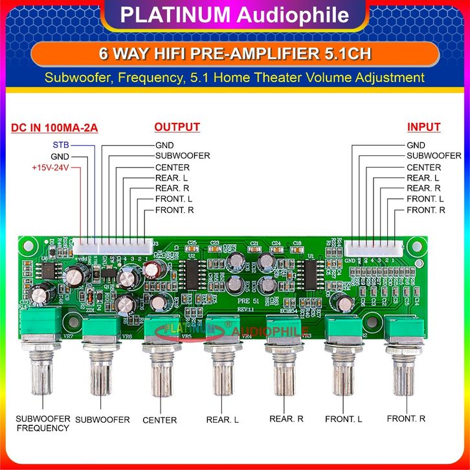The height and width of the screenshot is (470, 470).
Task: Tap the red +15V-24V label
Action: tap(50, 168)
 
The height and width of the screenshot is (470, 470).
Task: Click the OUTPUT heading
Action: tap(177, 127)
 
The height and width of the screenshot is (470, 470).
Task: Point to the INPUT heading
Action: tap(423, 127)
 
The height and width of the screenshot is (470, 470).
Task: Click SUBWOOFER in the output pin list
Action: tap(182, 156)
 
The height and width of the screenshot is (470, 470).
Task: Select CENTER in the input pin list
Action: tap(424, 167)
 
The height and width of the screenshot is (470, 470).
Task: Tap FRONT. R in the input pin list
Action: tap(426, 210)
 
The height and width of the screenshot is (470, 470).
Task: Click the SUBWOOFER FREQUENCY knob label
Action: tap(43, 423)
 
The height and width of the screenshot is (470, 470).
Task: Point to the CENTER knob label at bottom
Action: tap(159, 420)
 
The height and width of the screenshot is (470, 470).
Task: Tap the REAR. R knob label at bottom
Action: tap(286, 418)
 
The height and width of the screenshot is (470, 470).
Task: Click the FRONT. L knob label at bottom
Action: tap(343, 419)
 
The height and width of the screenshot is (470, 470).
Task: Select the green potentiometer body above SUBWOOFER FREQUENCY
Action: tap(43, 324)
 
